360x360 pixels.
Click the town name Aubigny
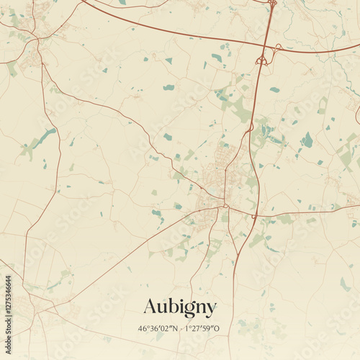click(x=179, y=307)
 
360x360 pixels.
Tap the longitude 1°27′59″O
click(x=202, y=329)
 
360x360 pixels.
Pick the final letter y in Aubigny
click(x=211, y=310)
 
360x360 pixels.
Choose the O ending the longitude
click(x=217, y=329)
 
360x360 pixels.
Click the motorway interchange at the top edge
click(x=272, y=4)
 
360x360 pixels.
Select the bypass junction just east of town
click(x=254, y=215)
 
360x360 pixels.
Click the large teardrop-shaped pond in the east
click(x=307, y=140)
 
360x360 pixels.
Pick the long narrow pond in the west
click(x=43, y=138)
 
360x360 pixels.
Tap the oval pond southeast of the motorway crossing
click(x=274, y=90)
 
